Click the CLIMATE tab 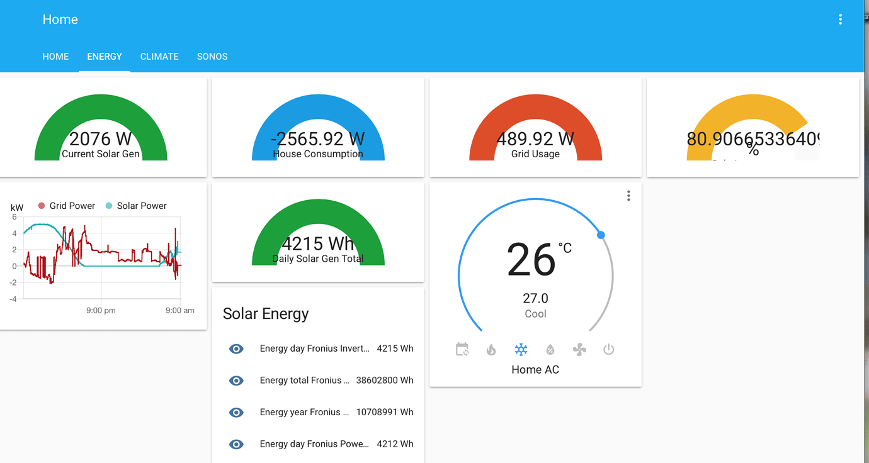pyautogui.click(x=159, y=57)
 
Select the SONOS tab pyautogui.click(x=212, y=57)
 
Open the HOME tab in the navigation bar pyautogui.click(x=55, y=57)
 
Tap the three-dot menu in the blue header pyautogui.click(x=840, y=20)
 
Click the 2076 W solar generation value pyautogui.click(x=100, y=138)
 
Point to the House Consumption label pyautogui.click(x=318, y=154)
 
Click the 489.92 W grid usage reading pyautogui.click(x=535, y=138)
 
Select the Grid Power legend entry pyautogui.click(x=67, y=206)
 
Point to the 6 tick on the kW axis pyautogui.click(x=14, y=217)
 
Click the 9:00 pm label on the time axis pyautogui.click(x=101, y=310)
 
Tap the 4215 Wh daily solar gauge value pyautogui.click(x=318, y=243)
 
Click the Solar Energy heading pyautogui.click(x=266, y=314)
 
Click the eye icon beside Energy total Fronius pyautogui.click(x=236, y=381)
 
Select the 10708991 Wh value pyautogui.click(x=385, y=412)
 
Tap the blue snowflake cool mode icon pyautogui.click(x=521, y=350)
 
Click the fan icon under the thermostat pyautogui.click(x=579, y=350)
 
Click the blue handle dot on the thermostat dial pyautogui.click(x=601, y=235)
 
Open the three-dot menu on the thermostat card pyautogui.click(x=628, y=196)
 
